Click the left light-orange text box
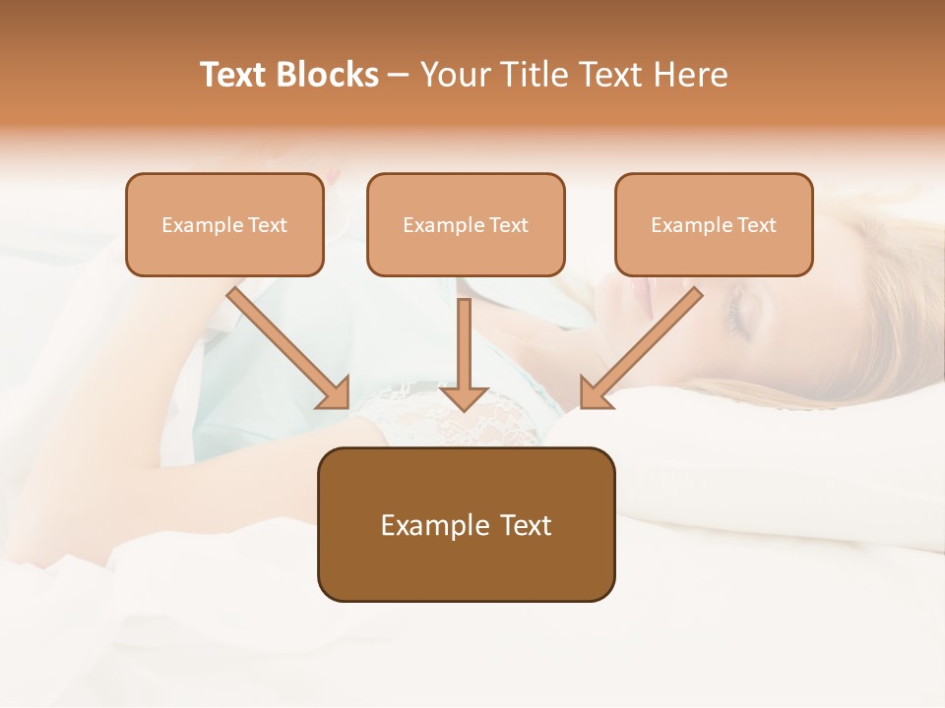coord(224,224)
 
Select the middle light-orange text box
coord(466,224)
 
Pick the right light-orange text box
coord(714,224)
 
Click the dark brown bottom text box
coord(466,524)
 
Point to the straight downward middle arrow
coord(465,344)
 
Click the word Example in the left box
coord(196,225)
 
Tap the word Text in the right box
coord(756,225)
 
